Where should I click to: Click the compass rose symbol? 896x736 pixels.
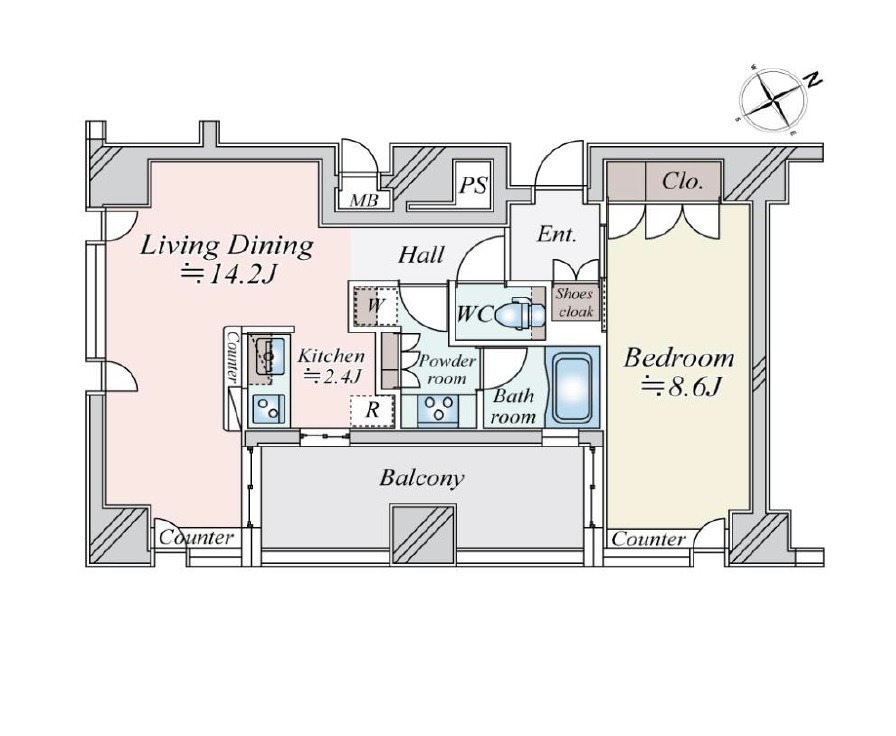[x=774, y=102]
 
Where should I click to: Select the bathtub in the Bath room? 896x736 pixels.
[x=572, y=387]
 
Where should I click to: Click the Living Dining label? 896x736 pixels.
[x=226, y=246]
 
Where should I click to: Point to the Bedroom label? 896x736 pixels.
[x=679, y=358]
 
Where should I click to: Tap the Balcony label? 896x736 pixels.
[x=421, y=477]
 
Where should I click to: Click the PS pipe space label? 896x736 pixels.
[x=473, y=185]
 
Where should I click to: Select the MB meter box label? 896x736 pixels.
[x=363, y=201]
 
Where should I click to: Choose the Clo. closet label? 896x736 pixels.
[x=682, y=182]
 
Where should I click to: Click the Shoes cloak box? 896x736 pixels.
[x=576, y=303]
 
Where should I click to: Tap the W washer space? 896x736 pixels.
[x=374, y=305]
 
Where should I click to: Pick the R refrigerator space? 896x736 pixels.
[x=372, y=410]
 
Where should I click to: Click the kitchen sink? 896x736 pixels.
[x=267, y=356]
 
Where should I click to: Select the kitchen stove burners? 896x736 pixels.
[x=269, y=408]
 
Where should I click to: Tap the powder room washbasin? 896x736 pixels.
[x=438, y=409]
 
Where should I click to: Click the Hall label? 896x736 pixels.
[x=421, y=255]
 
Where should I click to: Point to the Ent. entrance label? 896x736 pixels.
[x=557, y=234]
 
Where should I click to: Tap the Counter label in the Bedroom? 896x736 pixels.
[x=649, y=539]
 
